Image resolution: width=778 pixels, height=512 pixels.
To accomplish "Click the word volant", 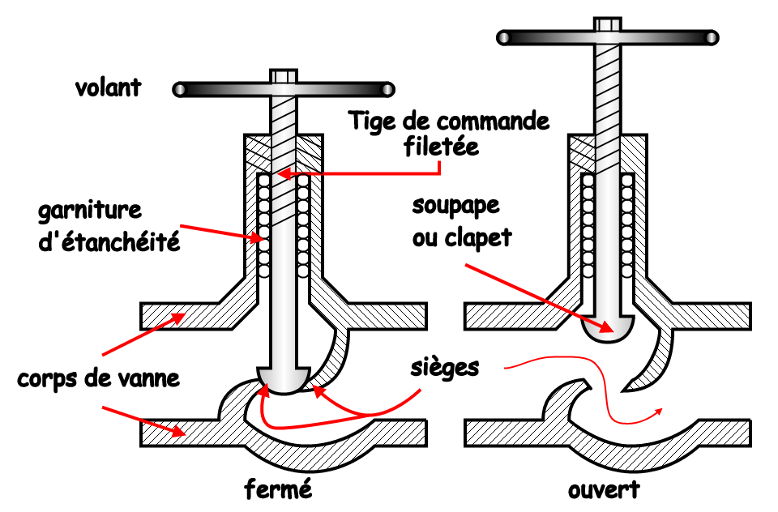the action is pos(108,87).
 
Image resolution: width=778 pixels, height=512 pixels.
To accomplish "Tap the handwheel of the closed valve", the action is pos(284,89).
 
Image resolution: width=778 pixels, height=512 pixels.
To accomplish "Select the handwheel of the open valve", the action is pos(607,37).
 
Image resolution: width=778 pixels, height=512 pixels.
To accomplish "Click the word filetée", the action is pos(441,147).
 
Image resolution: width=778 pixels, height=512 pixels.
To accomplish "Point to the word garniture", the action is pos(90,211).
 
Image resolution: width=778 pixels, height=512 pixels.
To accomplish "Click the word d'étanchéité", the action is pos(109,242).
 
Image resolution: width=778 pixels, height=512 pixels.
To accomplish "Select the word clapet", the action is pos(478,237).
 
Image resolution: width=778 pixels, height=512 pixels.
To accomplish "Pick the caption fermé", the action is pos(278,489).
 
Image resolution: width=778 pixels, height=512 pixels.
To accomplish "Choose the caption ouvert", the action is pos(604,490).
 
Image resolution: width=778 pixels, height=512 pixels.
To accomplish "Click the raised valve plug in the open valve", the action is pos(607,328).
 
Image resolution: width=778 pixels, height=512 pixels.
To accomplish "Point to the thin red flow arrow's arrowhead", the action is pos(658,412).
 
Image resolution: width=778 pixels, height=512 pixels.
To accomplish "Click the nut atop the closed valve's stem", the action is pos(284,76).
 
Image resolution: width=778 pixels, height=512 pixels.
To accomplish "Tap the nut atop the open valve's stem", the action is pos(607,23).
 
